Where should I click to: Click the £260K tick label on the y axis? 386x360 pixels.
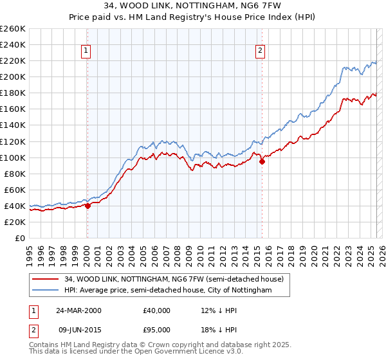tap(12, 29)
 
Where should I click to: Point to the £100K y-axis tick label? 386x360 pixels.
tap(12, 157)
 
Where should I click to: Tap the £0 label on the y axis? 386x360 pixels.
tap(20, 238)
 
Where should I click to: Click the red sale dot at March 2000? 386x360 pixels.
tap(88, 206)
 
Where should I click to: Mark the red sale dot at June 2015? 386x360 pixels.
tap(262, 161)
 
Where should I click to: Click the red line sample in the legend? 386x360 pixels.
tap(46, 279)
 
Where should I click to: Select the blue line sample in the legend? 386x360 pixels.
tap(46, 291)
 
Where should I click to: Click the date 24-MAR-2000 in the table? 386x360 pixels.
tap(78, 310)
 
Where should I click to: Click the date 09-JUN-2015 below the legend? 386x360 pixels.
tap(78, 330)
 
